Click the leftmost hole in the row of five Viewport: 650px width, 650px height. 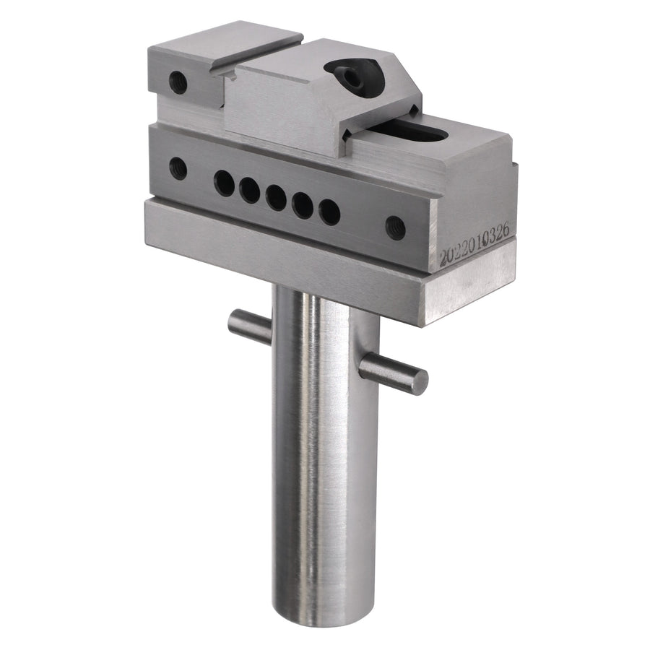[x=225, y=183]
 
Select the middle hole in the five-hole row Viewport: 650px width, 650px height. [x=276, y=197]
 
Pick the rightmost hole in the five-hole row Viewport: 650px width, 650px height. [x=329, y=212]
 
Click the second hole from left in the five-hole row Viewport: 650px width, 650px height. [x=250, y=190]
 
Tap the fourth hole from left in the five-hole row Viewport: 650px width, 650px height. [x=303, y=205]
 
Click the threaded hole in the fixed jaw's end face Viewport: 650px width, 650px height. [x=178, y=82]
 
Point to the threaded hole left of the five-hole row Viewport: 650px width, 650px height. [x=178, y=168]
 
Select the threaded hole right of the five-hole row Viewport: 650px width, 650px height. [x=396, y=227]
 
